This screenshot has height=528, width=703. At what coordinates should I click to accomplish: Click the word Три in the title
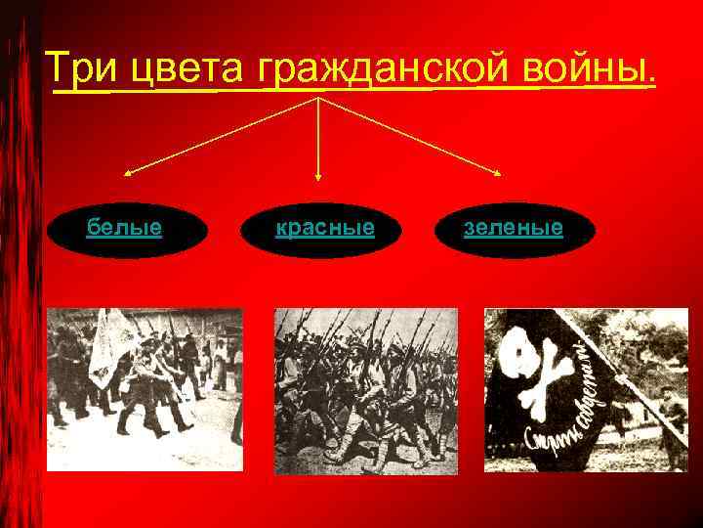(80, 68)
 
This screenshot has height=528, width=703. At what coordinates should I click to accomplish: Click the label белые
(124, 228)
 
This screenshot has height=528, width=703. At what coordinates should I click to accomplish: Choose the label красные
(325, 228)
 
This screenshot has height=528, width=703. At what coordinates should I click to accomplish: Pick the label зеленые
(514, 228)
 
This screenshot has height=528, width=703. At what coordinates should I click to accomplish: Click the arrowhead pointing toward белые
(128, 174)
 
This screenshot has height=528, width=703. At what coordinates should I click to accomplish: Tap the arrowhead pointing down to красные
(318, 177)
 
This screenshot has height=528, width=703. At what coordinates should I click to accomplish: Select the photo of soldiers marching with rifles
(365, 389)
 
